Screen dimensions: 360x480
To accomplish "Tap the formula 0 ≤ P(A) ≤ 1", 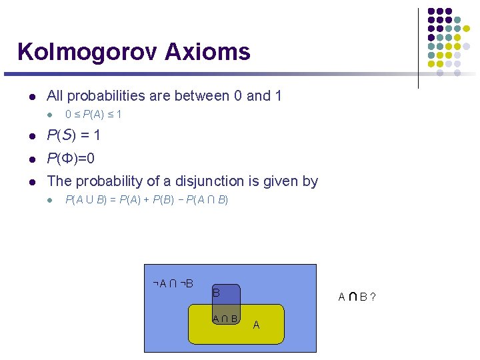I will (93, 115).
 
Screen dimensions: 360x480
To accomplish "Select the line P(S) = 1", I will (73, 135).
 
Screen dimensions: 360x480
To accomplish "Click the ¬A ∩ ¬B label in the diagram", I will (173, 284).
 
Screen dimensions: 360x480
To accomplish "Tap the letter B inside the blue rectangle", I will (216, 292).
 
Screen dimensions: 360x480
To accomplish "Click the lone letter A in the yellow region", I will (256, 325).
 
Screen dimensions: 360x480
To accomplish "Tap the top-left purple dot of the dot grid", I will (431, 11).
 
